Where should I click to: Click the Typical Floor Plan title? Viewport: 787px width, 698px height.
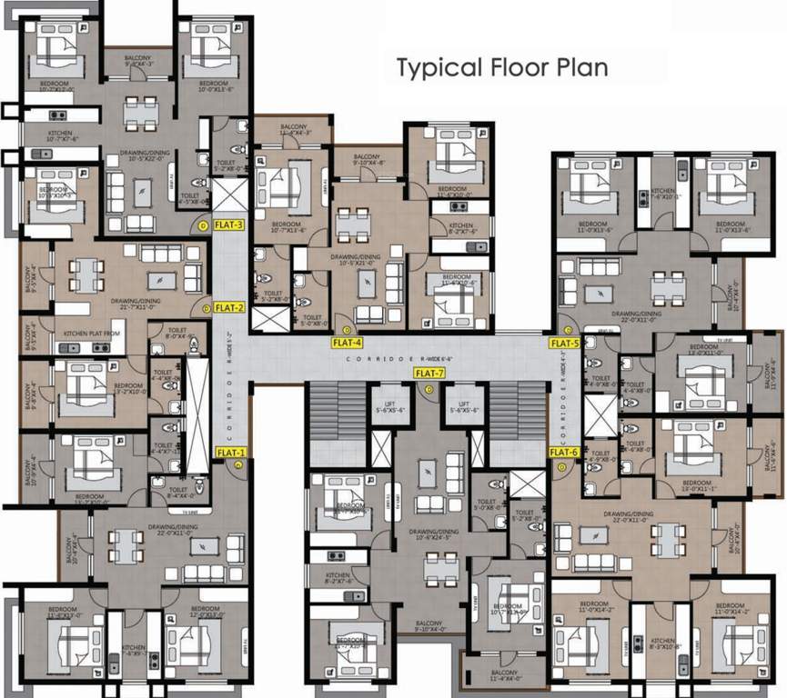click(501, 68)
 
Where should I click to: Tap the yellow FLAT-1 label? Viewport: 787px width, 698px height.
click(231, 453)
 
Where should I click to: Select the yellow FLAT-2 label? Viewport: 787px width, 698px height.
click(229, 307)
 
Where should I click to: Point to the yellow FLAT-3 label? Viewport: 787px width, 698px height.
click(227, 224)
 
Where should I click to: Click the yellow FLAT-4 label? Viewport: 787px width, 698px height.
click(348, 343)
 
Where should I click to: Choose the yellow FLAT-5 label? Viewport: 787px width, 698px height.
click(564, 344)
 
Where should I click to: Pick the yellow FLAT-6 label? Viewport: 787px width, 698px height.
click(564, 453)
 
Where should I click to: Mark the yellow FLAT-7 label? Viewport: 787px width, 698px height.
click(429, 374)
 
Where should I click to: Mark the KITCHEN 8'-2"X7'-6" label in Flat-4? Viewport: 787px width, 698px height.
click(461, 229)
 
